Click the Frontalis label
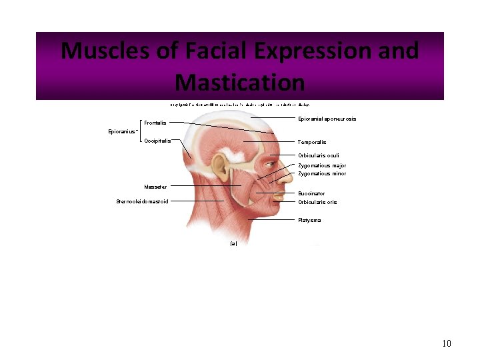(155, 123)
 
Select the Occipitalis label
(157, 141)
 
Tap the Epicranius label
(122, 131)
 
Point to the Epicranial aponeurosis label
(327, 119)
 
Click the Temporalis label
(312, 142)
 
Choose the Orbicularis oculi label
(319, 155)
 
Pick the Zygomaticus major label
(322, 165)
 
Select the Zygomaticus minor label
(322, 173)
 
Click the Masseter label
(155, 187)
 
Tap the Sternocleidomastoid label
(142, 201)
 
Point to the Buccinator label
(311, 193)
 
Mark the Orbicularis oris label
(317, 202)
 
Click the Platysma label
(309, 220)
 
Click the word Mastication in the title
(239, 83)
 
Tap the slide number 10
(447, 343)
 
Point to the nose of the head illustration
(287, 175)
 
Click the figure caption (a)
(233, 244)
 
